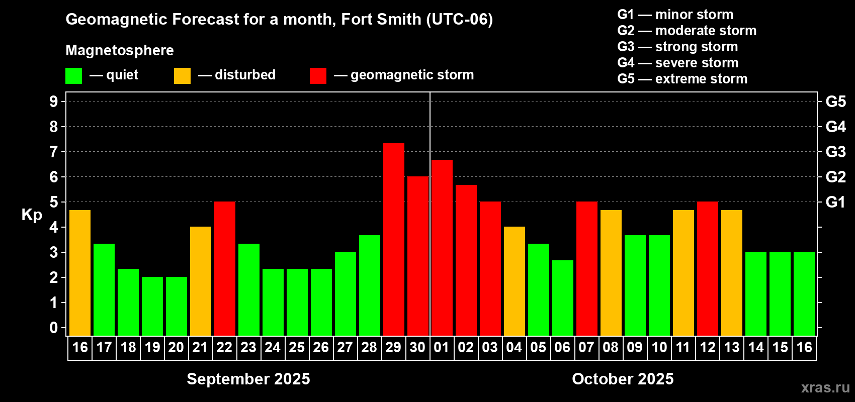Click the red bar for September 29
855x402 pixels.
[x=393, y=240]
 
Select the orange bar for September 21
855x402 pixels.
[x=201, y=281]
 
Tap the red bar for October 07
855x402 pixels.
[x=586, y=268]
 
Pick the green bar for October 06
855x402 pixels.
[x=563, y=298]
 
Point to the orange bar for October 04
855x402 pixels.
[x=515, y=281]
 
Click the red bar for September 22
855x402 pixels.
[x=225, y=268]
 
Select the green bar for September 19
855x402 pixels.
[x=152, y=306]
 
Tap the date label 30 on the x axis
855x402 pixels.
[x=417, y=347]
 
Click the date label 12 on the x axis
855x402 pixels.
[x=707, y=347]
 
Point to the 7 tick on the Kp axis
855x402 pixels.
[x=54, y=152]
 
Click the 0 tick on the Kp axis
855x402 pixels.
[x=54, y=328]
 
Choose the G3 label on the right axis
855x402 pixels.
[x=835, y=152]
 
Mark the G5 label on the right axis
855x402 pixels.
[x=835, y=102]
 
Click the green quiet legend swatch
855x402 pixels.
[x=73, y=75]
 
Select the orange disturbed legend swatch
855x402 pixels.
[x=182, y=75]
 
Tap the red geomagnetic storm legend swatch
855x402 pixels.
[x=318, y=75]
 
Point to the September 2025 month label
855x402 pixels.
[x=248, y=379]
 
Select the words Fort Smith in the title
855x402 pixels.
[x=381, y=20]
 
